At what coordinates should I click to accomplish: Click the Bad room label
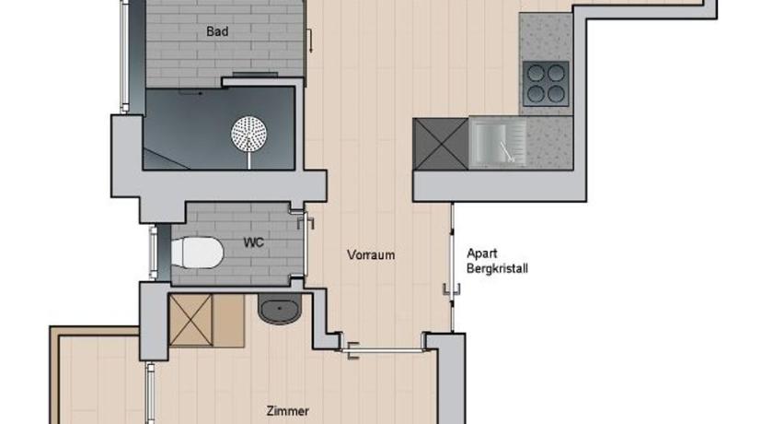pos(217,31)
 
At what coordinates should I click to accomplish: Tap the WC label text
pos(253,242)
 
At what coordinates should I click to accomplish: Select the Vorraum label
pos(371,255)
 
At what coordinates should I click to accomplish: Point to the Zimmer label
pos(288,411)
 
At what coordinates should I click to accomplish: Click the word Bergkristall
pos(497,269)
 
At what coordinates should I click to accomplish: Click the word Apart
pos(481,253)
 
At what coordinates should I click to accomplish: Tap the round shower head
pos(249,134)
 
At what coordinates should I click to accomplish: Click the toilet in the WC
pos(197,253)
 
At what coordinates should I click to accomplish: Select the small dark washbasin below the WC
pos(280,310)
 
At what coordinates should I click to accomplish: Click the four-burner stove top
pos(546,84)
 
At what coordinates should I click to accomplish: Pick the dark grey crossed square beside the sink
pos(441,144)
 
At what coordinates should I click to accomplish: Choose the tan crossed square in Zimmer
pos(190,321)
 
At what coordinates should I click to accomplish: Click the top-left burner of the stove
pos(536,73)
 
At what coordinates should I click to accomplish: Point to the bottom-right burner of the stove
pos(556,93)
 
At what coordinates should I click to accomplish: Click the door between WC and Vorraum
pos(306,245)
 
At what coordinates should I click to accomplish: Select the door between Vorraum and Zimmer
pos(384,350)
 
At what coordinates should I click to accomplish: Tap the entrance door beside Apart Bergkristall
pos(452,266)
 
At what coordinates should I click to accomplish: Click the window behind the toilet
pos(154,253)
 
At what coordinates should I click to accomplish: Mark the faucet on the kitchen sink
pos(507,152)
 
